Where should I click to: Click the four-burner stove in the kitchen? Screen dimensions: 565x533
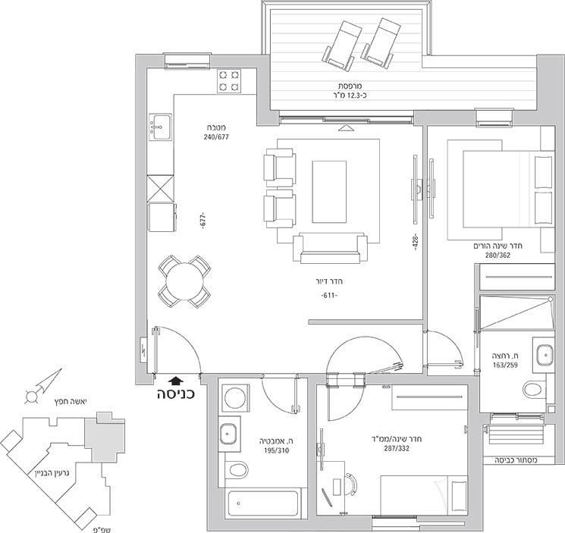coord(229,81)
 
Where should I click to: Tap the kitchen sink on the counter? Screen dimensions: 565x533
coord(160,127)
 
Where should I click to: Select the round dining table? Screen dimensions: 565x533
coord(184,281)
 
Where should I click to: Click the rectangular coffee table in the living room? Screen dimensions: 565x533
coord(329,192)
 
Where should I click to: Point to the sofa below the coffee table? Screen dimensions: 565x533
coord(330,249)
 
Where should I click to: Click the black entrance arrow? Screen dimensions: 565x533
coord(176,381)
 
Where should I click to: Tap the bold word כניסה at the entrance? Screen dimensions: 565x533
coord(175,394)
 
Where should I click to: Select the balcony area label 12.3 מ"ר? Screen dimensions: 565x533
coord(350,96)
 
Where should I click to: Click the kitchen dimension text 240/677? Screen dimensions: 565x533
coord(216,136)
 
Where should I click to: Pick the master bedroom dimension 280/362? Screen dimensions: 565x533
coord(498,256)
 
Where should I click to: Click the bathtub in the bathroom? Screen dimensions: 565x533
coord(263,504)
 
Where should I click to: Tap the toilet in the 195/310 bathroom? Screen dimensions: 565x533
coord(237,470)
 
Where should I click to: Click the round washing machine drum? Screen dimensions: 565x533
coord(235,398)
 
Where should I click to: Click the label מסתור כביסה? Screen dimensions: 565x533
coord(516,460)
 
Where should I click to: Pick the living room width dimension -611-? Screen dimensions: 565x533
coord(329,296)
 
